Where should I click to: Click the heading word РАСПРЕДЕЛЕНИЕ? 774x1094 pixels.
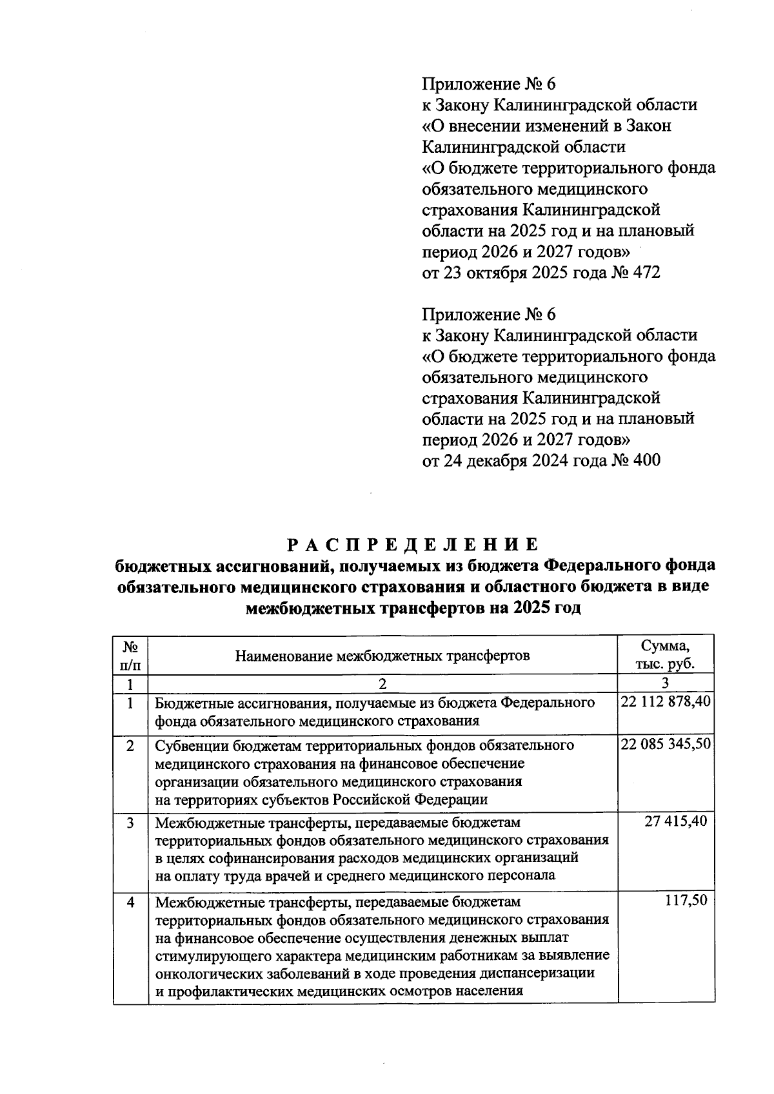click(x=412, y=545)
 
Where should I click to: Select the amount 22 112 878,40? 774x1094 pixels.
click(x=666, y=702)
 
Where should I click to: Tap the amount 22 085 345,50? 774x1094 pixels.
click(x=666, y=745)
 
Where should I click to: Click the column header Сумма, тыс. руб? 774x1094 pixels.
click(x=666, y=655)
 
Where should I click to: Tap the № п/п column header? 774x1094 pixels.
click(x=130, y=655)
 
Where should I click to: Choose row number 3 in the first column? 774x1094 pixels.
click(x=130, y=823)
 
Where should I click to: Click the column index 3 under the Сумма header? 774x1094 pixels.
click(x=666, y=683)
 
